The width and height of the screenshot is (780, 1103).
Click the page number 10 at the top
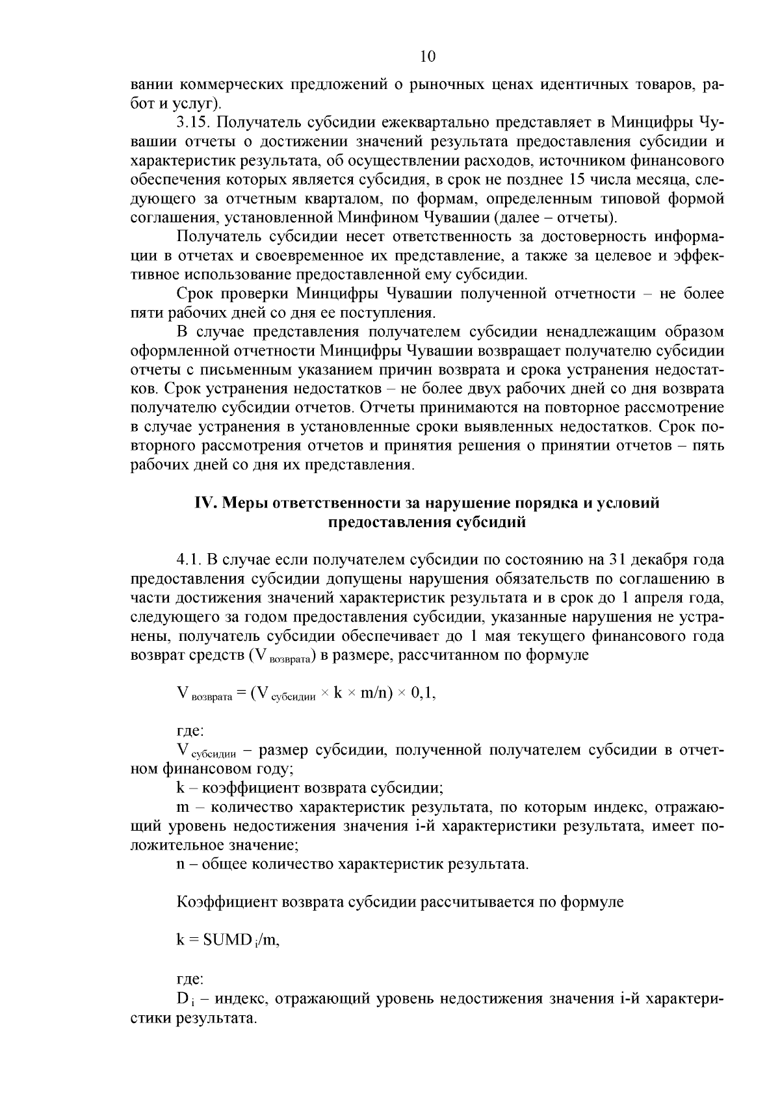[427, 57]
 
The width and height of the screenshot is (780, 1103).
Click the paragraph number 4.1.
[189, 560]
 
